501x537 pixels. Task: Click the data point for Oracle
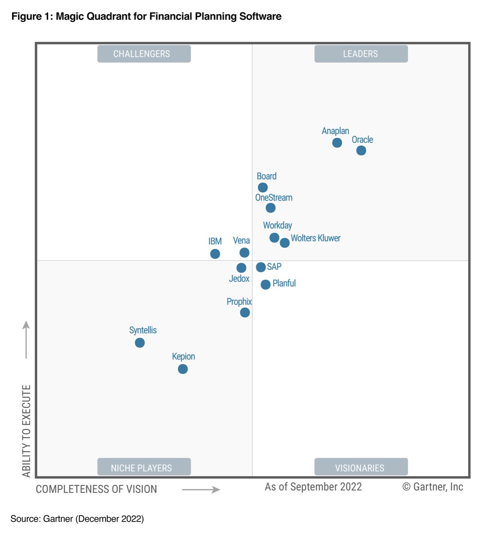pyautogui.click(x=361, y=151)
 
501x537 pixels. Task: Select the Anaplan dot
pyautogui.click(x=337, y=143)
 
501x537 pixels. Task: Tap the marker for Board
pyautogui.click(x=263, y=187)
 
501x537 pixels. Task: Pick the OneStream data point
pyautogui.click(x=271, y=208)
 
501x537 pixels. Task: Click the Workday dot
pyautogui.click(x=274, y=238)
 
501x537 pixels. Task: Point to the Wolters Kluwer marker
pyautogui.click(x=285, y=243)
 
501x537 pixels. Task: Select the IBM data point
pyautogui.click(x=215, y=254)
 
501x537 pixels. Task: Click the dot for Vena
pyautogui.click(x=244, y=253)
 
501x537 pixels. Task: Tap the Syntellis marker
pyautogui.click(x=140, y=343)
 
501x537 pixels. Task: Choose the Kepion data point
pyautogui.click(x=183, y=369)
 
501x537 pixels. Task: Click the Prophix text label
pyautogui.click(x=239, y=302)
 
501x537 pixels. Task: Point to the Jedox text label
pyautogui.click(x=239, y=279)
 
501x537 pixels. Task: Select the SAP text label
pyautogui.click(x=274, y=267)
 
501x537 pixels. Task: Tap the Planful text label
pyautogui.click(x=284, y=283)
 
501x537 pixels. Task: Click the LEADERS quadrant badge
pyautogui.click(x=361, y=54)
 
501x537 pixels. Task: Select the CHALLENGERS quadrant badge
pyautogui.click(x=144, y=54)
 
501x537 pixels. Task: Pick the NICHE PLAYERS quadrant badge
pyautogui.click(x=144, y=468)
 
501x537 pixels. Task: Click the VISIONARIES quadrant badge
pyautogui.click(x=361, y=468)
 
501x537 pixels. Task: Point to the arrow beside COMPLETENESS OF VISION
pyautogui.click(x=201, y=490)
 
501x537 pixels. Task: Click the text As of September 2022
pyautogui.click(x=313, y=487)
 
